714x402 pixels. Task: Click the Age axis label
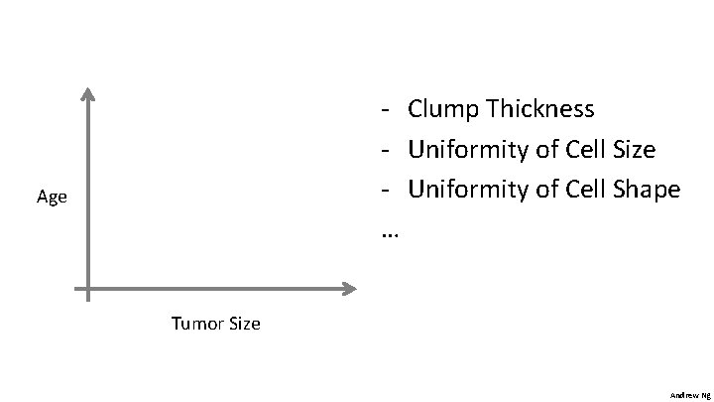point(52,197)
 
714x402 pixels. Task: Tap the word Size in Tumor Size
point(244,324)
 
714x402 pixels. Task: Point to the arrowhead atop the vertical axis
point(87,94)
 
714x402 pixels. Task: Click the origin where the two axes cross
point(87,289)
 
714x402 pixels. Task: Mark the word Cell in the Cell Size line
point(587,150)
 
